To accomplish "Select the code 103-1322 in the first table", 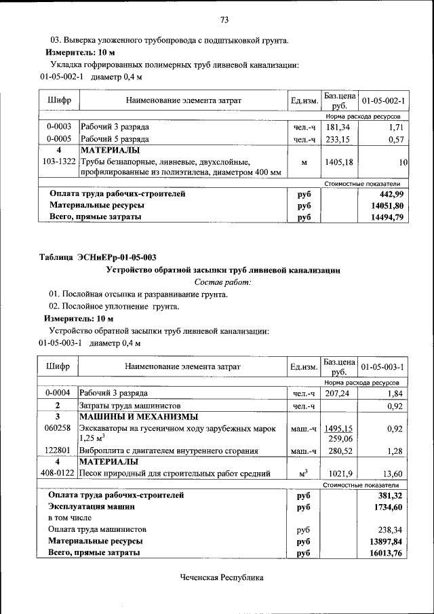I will (59, 162).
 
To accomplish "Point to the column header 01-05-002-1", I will (383, 101).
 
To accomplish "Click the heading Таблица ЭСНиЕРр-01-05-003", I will (98, 257).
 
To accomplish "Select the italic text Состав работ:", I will (222, 282).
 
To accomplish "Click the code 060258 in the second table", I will (58, 429).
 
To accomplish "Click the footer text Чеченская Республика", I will (221, 577).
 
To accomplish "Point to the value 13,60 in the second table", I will (392, 474).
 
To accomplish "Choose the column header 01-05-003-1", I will (383, 367).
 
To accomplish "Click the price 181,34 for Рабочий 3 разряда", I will (338, 127).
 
